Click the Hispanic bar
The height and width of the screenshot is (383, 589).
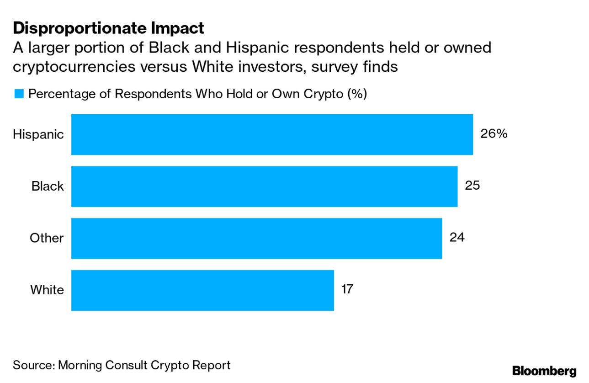click(272, 134)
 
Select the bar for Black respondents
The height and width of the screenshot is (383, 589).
click(264, 186)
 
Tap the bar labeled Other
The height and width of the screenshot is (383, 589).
click(256, 238)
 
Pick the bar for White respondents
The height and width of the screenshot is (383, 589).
click(202, 290)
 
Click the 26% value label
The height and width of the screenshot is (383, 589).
click(493, 134)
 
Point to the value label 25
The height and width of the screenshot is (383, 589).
click(472, 186)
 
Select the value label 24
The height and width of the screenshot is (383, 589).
click(457, 238)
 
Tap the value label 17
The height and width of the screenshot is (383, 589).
click(347, 289)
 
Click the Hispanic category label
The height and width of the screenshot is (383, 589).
click(38, 135)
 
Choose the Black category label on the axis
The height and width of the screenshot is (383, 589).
click(48, 186)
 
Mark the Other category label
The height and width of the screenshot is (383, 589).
click(47, 238)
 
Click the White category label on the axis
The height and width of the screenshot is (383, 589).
click(47, 290)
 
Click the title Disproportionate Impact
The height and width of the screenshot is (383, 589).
click(108, 28)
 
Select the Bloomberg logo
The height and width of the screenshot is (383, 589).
click(544, 371)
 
